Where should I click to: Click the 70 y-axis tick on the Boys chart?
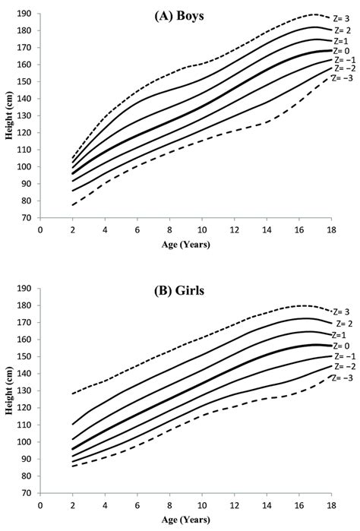tap(27, 217)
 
